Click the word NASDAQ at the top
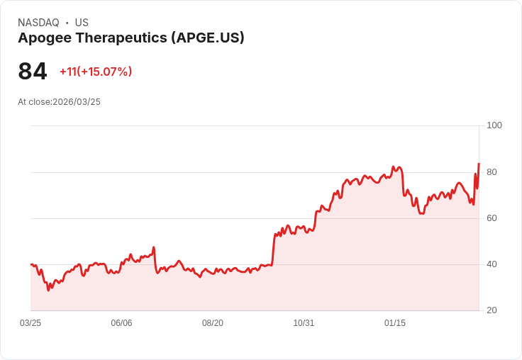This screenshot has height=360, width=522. [x=38, y=23]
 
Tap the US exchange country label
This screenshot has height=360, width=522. [x=82, y=23]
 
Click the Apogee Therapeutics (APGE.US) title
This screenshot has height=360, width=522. [x=131, y=38]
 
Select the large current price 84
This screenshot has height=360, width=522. [x=33, y=72]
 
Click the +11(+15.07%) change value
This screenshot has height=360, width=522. [x=96, y=72]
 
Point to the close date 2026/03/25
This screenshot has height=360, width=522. [x=77, y=102]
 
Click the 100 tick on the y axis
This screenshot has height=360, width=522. [x=494, y=125]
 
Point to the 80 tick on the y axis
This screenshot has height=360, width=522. [x=492, y=171]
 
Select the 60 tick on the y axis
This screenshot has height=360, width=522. [x=492, y=218]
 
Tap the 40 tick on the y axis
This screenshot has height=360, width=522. [x=492, y=264]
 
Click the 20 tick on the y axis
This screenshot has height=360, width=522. [x=492, y=310]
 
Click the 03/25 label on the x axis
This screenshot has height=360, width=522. [x=30, y=323]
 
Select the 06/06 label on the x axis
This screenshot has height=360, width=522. [x=121, y=323]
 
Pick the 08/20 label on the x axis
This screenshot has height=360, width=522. [x=213, y=323]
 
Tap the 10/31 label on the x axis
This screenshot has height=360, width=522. [x=304, y=323]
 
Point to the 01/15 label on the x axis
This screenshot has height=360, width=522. [x=395, y=323]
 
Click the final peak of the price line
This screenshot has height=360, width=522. [x=479, y=164]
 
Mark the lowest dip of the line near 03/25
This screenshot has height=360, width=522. [x=48, y=290]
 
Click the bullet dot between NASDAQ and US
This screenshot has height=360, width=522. [x=67, y=23]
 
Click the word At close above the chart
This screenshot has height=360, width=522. [x=34, y=102]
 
